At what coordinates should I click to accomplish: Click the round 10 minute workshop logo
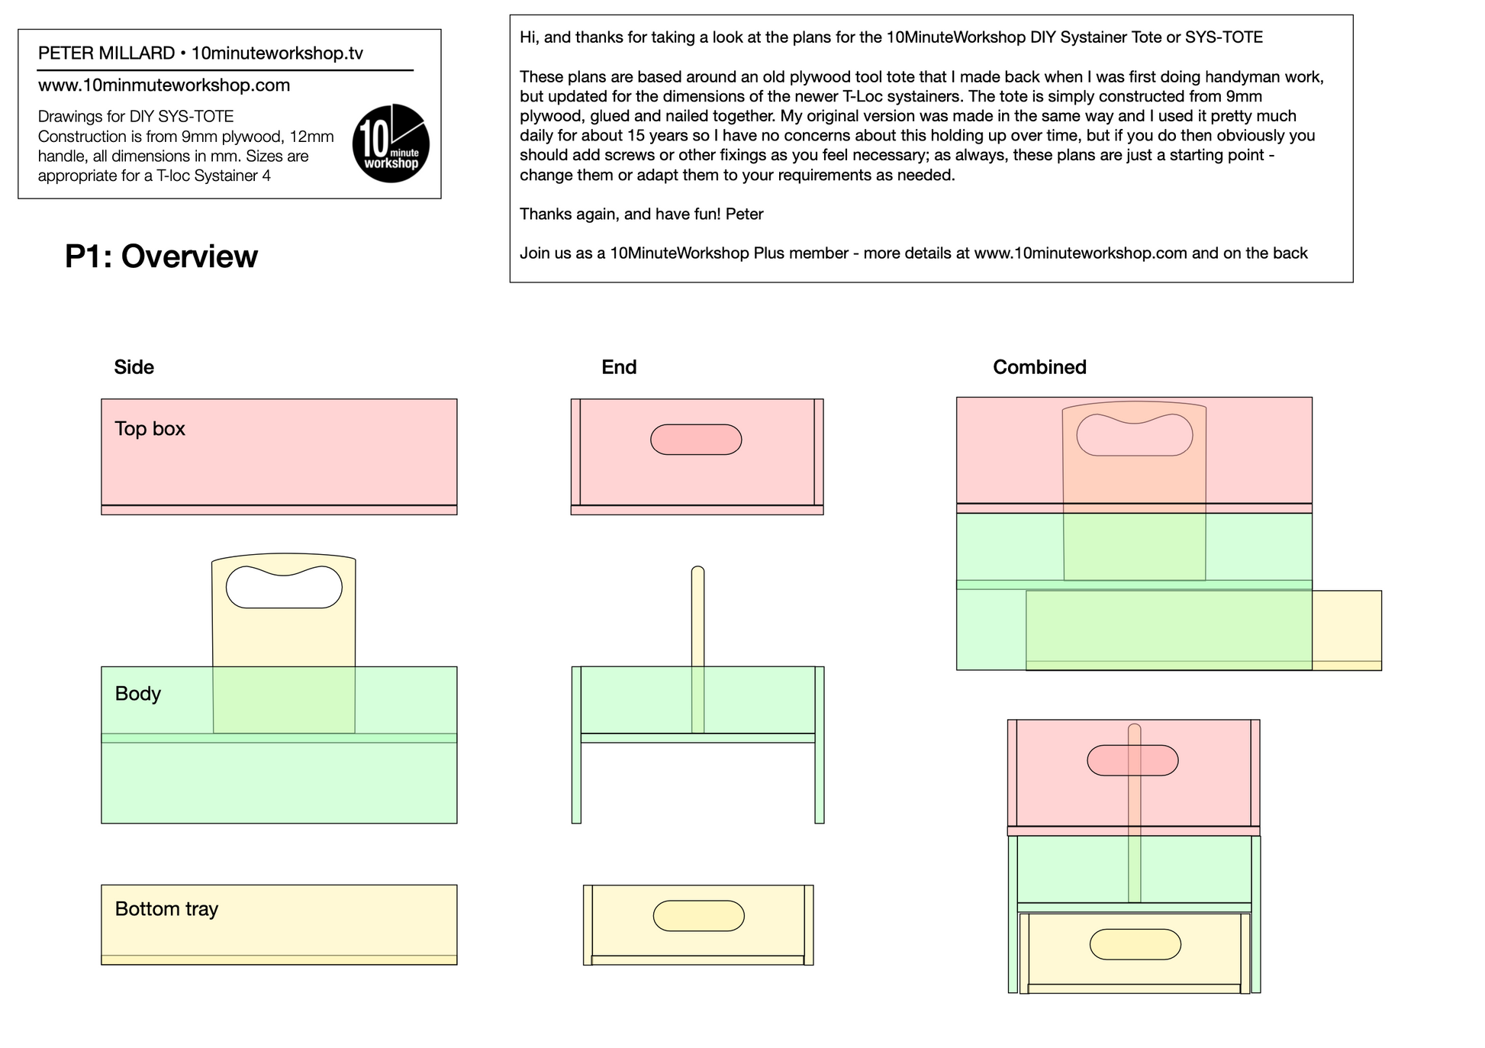391,143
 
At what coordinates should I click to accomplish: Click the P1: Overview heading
161,256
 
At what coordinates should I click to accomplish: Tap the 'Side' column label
134,367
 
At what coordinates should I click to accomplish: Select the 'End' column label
619,367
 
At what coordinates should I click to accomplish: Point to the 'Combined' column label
1039,367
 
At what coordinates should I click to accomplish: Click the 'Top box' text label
150,429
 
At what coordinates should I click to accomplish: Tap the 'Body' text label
138,694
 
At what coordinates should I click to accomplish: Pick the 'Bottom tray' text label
166,909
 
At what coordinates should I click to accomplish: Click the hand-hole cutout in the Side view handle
284,587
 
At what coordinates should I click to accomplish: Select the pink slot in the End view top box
696,440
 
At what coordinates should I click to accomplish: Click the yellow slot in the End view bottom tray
699,916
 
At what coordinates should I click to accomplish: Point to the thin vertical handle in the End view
697,650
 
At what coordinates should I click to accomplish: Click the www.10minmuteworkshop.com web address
164,85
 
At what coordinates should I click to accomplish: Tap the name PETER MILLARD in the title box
106,53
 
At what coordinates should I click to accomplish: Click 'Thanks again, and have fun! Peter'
642,214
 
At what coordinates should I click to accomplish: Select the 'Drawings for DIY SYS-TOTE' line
136,117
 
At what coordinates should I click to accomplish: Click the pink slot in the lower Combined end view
1132,760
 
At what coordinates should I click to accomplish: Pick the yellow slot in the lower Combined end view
1135,944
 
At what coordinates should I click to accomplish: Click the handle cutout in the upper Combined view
1135,435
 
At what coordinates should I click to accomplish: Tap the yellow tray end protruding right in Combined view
1347,630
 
